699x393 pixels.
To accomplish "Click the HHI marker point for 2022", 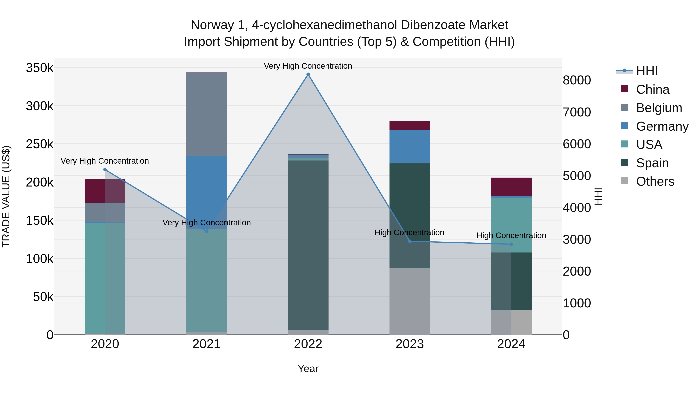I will [x=308, y=74].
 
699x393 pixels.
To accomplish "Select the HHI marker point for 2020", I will [x=105, y=169].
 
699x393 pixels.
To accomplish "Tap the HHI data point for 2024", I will [x=511, y=244].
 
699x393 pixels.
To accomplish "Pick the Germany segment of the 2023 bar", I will [x=409, y=147].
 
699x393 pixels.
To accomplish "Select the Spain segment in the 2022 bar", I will [x=308, y=244].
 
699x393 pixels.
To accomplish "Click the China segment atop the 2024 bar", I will [x=511, y=187].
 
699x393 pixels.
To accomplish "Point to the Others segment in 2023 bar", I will [x=409, y=301].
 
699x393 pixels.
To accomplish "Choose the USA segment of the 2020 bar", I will [x=105, y=277].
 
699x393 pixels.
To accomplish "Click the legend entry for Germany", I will [x=662, y=126].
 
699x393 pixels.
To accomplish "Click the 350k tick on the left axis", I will [x=40, y=68].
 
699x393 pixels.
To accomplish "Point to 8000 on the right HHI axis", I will [x=577, y=80].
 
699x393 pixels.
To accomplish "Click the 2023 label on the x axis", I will [x=409, y=344].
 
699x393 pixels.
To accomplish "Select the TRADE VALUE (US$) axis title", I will [x=6, y=196].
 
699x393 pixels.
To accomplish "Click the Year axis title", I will [x=308, y=369].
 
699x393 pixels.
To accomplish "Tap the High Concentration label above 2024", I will [x=511, y=235].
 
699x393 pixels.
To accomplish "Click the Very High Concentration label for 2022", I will [x=308, y=66].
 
